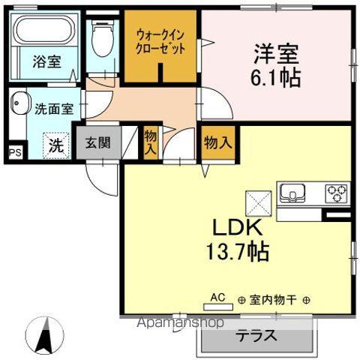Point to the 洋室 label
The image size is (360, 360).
click(276, 55)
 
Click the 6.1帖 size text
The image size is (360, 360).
click(276, 78)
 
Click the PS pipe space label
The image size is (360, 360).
click(14, 151)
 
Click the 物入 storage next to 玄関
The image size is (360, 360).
click(151, 142)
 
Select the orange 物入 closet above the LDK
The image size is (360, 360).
click(216, 142)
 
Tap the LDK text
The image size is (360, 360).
click(233, 226)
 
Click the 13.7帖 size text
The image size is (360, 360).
click(233, 250)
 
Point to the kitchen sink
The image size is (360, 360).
click(292, 194)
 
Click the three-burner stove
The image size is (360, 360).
click(335, 193)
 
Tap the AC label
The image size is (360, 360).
click(217, 297)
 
